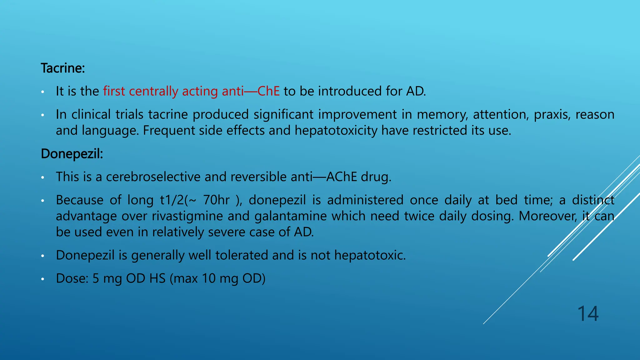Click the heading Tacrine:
63,68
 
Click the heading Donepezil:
72,154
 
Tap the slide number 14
588,313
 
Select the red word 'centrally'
153,91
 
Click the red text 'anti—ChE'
251,91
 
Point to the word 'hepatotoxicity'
336,130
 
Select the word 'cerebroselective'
153,177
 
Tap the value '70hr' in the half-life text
216,200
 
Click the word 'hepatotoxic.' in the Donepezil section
370,255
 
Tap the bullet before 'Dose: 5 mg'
42,279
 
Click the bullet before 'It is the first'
42,92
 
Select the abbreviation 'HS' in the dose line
157,278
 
